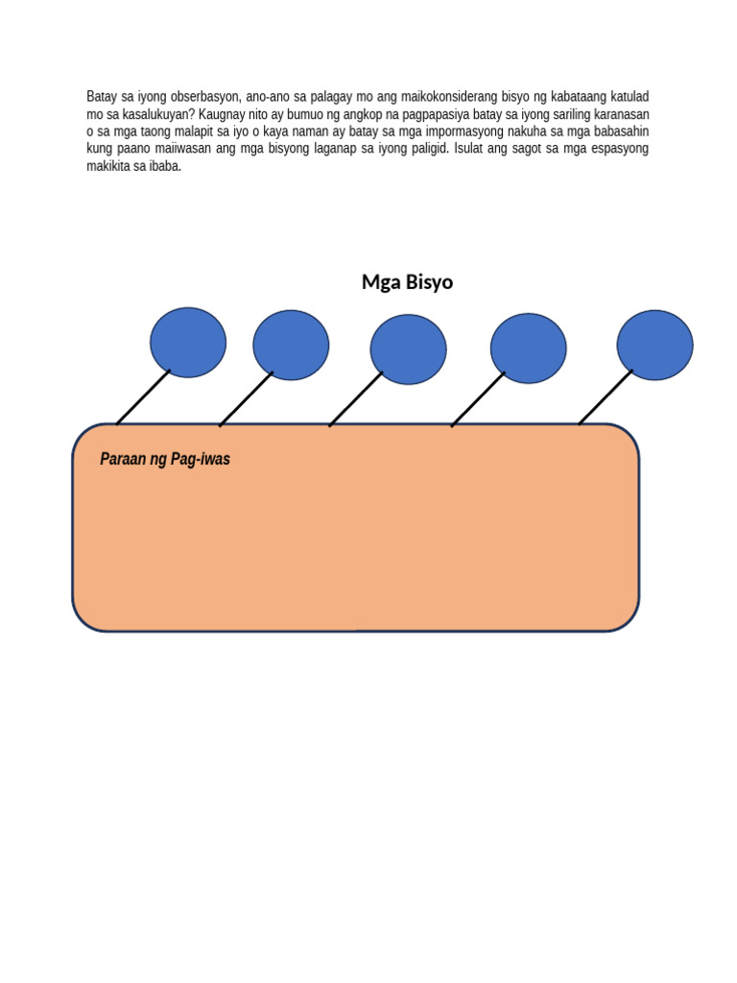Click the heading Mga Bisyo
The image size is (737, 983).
tap(407, 282)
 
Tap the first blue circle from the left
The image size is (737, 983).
tap(188, 343)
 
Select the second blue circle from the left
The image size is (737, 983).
tap(291, 345)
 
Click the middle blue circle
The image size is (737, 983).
tap(408, 349)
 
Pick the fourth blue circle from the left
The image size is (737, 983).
tap(528, 348)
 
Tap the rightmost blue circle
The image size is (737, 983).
tap(654, 345)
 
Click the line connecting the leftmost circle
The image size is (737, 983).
tap(144, 396)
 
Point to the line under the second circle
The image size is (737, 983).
tap(247, 398)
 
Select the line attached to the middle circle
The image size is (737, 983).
tap(356, 398)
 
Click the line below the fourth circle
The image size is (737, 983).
tap(478, 399)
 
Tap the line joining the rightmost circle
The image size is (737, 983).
tap(606, 396)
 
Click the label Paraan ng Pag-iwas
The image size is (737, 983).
tap(165, 460)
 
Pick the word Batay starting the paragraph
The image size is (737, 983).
tap(102, 97)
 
